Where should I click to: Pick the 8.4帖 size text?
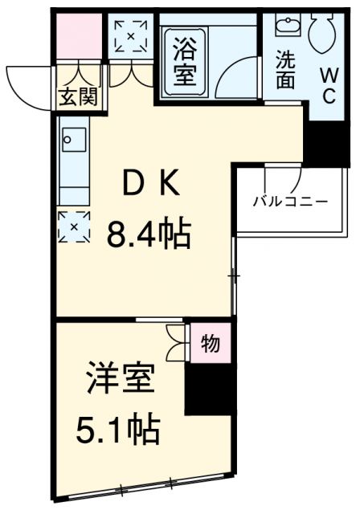tap(149, 235)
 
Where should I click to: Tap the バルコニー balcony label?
tap(289, 200)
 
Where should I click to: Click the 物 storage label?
tap(211, 344)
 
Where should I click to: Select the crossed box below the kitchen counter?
tap(75, 227)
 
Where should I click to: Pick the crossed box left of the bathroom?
tap(129, 35)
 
